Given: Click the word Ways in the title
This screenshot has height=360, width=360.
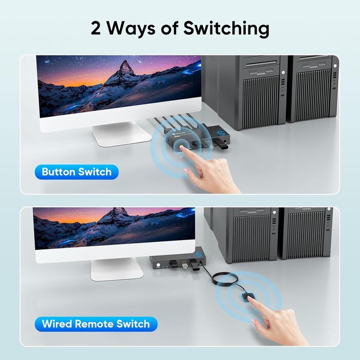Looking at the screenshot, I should pyautogui.click(x=131, y=28).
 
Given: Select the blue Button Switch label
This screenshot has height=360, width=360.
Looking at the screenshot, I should pyautogui.click(x=77, y=172).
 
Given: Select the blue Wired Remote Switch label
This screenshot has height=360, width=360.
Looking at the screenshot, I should pyautogui.click(x=96, y=324).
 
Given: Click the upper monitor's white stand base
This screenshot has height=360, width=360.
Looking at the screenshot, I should pyautogui.click(x=121, y=135).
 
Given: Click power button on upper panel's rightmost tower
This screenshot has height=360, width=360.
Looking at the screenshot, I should pyautogui.click(x=335, y=66).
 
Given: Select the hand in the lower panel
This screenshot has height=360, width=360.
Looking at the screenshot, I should pyautogui.click(x=280, y=321).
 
